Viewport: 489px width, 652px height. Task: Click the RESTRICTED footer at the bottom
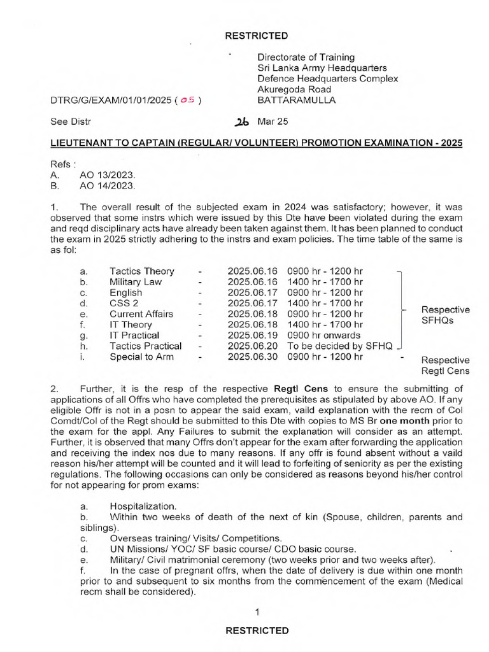click(x=257, y=630)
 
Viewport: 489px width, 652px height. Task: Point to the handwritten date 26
click(x=243, y=122)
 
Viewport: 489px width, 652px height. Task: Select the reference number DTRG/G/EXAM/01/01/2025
click(x=111, y=101)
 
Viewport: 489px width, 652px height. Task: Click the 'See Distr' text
click(x=71, y=121)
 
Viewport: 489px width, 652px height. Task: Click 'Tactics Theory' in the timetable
click(x=141, y=271)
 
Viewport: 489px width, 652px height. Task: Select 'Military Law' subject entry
click(x=136, y=282)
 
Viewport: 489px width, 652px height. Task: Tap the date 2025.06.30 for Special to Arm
click(x=253, y=357)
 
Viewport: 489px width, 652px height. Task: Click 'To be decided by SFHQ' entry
click(x=341, y=346)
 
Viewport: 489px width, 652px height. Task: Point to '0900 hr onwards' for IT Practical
click(x=323, y=335)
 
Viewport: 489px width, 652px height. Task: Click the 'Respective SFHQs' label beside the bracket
click(x=445, y=315)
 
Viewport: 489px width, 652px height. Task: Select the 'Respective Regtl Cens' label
click(x=445, y=365)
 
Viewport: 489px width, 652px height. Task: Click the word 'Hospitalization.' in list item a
click(x=143, y=506)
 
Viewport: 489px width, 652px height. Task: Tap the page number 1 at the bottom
click(x=257, y=613)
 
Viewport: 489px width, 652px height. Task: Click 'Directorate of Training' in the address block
click(x=306, y=57)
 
